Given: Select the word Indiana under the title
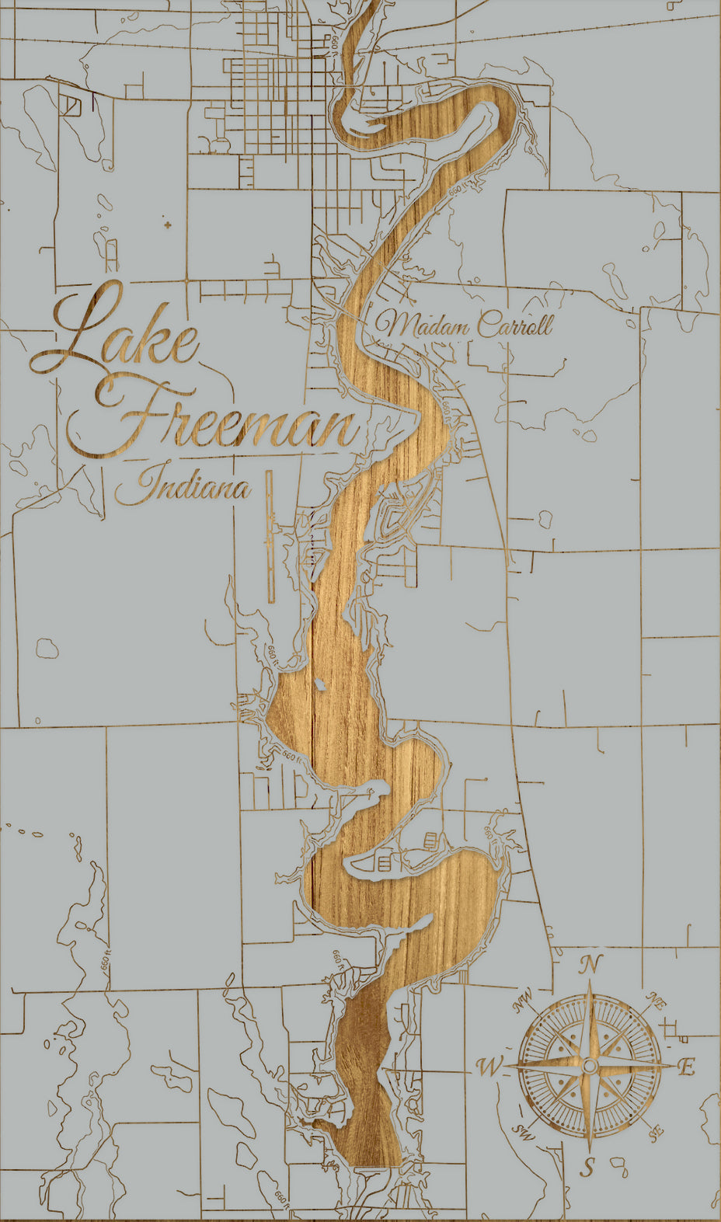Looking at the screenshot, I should [183, 488].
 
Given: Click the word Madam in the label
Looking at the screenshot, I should [423, 325].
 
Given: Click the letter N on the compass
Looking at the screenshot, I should [590, 965].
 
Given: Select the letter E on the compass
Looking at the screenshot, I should [685, 1067].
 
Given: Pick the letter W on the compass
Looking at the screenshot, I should [489, 1067].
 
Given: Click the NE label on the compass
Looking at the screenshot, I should [656, 1001].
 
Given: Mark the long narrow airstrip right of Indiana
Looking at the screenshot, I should [270, 536].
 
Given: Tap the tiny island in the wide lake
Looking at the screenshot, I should [319, 685].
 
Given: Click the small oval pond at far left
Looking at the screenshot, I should [47, 647].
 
